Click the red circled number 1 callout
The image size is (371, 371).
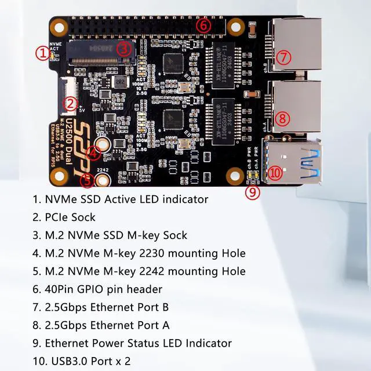click(x=42, y=53)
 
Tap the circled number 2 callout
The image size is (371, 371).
click(x=70, y=104)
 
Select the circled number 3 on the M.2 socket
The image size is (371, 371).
click(x=123, y=49)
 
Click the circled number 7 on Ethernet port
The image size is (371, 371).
click(x=282, y=57)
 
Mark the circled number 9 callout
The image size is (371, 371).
click(x=252, y=192)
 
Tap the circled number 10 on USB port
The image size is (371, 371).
click(x=275, y=172)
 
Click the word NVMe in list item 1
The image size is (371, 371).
click(x=60, y=199)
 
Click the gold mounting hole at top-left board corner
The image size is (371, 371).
click(x=58, y=26)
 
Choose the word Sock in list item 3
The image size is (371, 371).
click(x=174, y=235)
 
